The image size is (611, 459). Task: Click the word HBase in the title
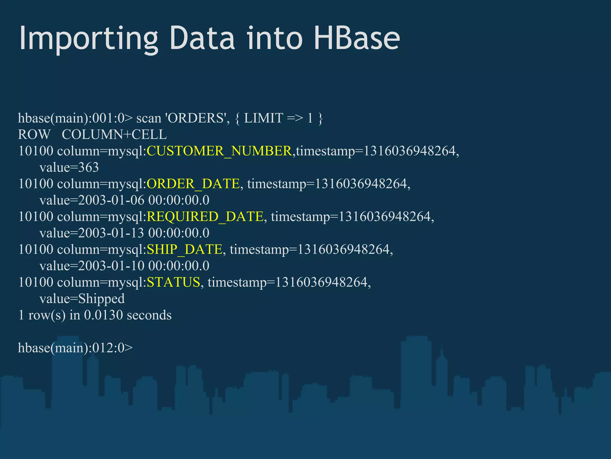pos(357,38)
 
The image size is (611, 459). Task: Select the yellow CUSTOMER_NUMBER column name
pos(219,151)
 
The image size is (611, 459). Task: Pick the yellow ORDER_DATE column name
pos(193,184)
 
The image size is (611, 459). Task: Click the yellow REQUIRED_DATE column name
pos(205,217)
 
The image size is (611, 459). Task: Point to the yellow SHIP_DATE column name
pos(185,250)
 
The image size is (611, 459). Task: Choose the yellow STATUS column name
pos(173,282)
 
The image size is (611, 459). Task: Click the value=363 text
pos(69,167)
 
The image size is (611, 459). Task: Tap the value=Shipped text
pos(82,299)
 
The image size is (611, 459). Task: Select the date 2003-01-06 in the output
pos(111,200)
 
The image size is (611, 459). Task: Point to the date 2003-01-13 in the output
pos(111,233)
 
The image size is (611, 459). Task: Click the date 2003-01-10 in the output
pos(111,266)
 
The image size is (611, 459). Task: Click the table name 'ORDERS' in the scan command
pos(197,118)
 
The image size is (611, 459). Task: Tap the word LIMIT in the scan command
pos(263,118)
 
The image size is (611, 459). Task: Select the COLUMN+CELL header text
pos(114,134)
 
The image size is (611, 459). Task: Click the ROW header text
pos(34,134)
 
